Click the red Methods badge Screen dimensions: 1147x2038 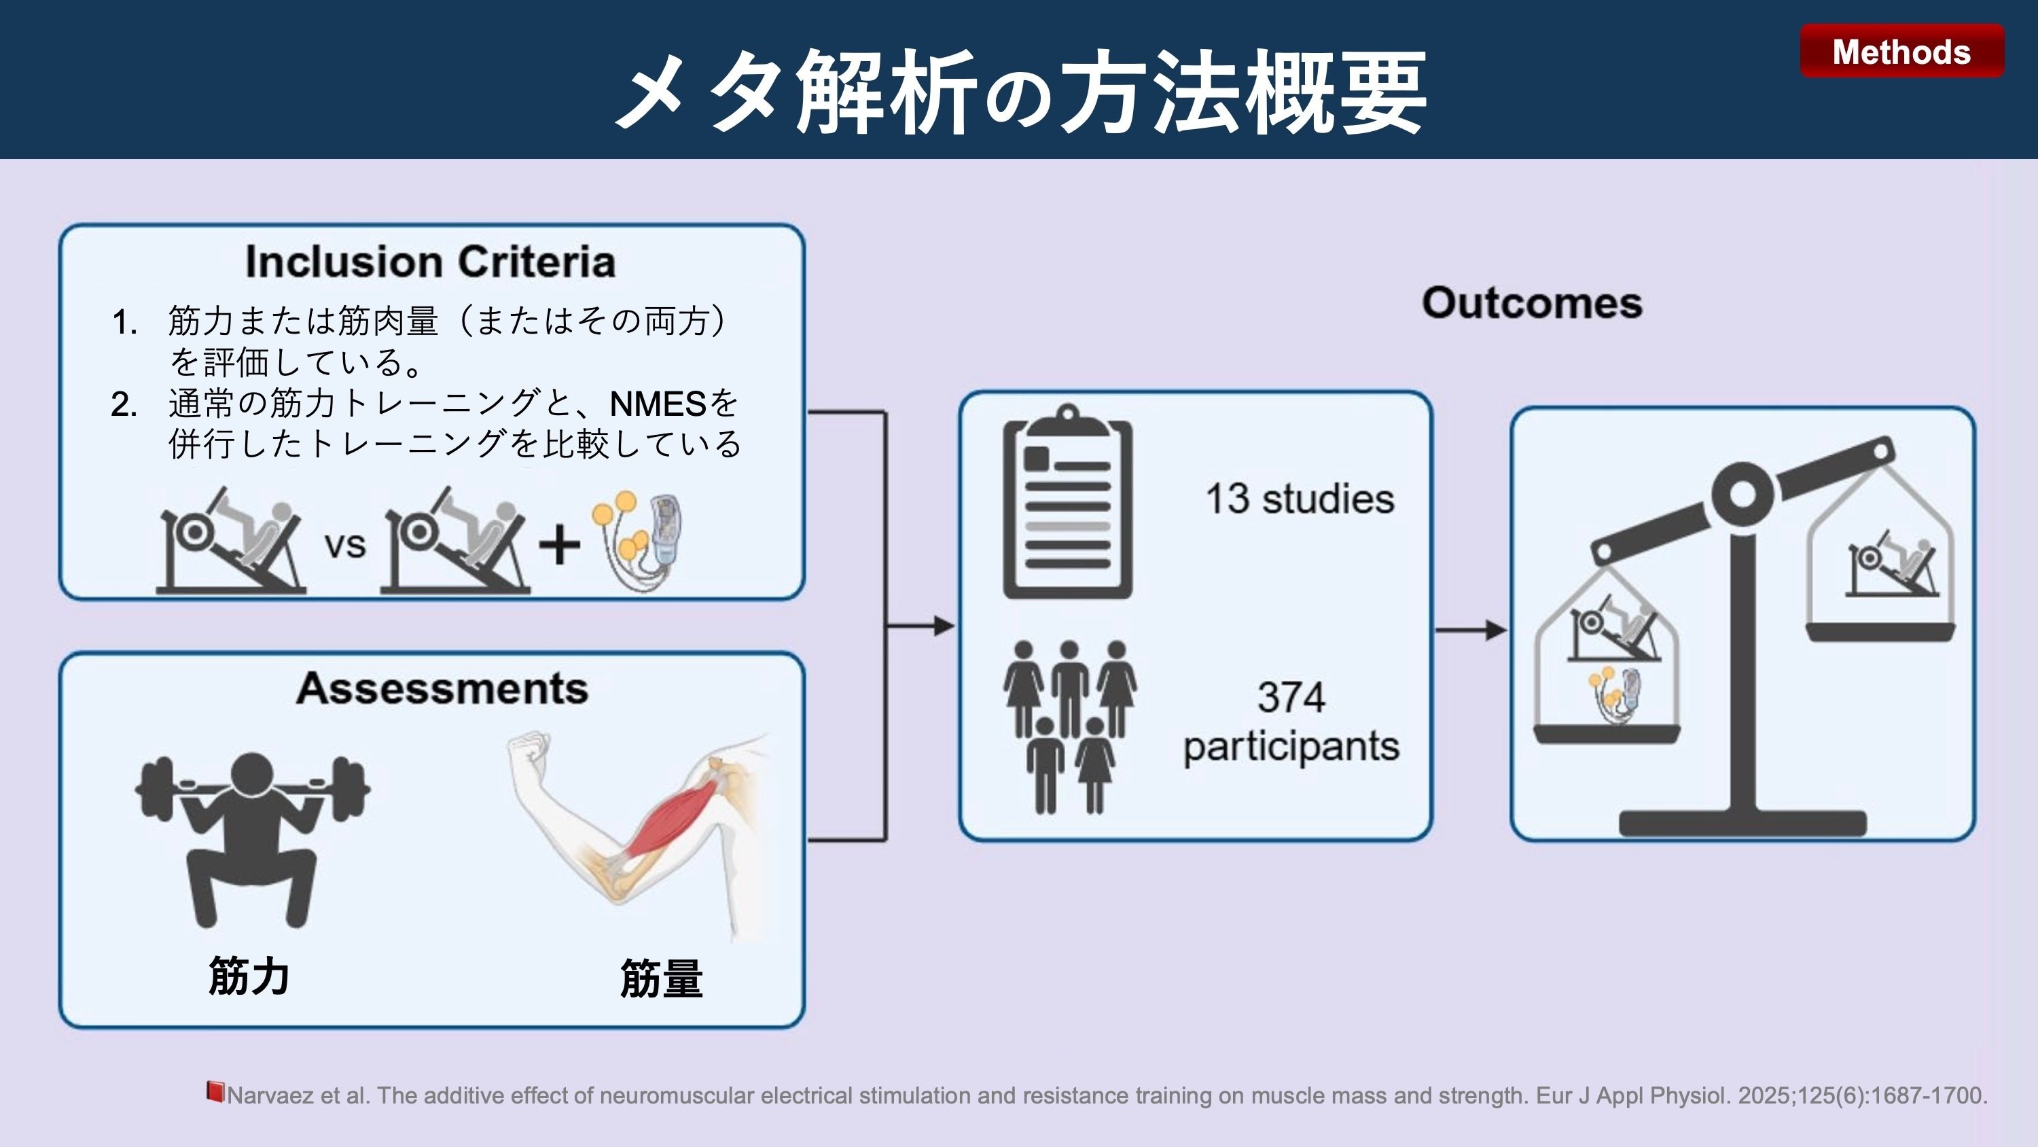[x=1901, y=52]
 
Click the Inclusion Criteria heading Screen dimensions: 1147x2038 [x=431, y=262]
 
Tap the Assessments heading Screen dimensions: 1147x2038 [x=442, y=688]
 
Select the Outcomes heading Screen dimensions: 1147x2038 [x=1532, y=303]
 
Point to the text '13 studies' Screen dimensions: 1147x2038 [x=1299, y=499]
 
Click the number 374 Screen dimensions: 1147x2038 [x=1290, y=697]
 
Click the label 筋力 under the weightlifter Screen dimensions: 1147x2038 [x=249, y=976]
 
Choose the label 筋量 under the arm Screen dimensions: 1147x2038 [x=662, y=979]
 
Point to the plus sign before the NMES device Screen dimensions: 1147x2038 [x=559, y=544]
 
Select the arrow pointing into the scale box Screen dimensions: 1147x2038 [x=1471, y=630]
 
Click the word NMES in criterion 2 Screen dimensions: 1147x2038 [x=657, y=404]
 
